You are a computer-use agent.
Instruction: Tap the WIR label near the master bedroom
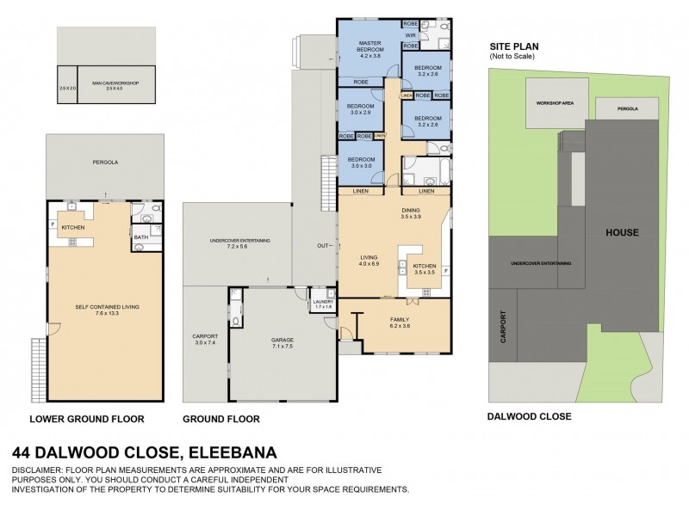pos(411,35)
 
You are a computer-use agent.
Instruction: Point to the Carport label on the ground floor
pos(205,338)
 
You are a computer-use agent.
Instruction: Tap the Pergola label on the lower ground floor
pos(105,162)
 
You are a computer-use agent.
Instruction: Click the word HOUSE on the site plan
pos(621,232)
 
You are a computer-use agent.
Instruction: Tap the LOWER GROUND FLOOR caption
pos(86,419)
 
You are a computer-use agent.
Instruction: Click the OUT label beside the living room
pos(322,246)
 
